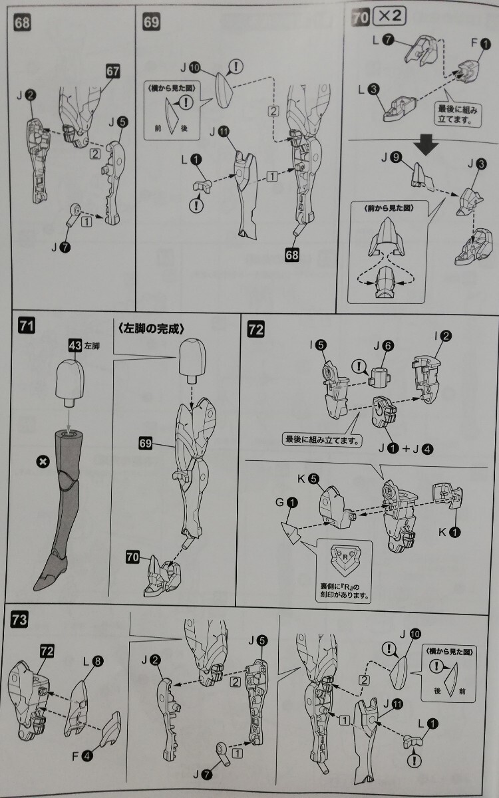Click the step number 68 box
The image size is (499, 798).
pos(22,23)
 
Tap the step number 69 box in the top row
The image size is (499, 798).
pos(151,22)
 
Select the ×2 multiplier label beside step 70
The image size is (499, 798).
pos(389,16)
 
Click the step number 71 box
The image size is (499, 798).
pos(27,326)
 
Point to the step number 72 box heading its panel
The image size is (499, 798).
pos(256,329)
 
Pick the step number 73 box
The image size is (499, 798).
pos(19,620)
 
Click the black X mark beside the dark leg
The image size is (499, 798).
pos(43,462)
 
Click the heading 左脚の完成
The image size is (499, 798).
pos(151,328)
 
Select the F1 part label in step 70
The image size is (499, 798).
pos(481,43)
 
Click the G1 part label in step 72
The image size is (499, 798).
pos(287,503)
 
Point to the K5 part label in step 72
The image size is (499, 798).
pos(309,479)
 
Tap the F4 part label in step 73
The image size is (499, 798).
pos(83,755)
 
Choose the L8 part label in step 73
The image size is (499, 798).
pos(93,662)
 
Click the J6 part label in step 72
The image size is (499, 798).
pos(383,346)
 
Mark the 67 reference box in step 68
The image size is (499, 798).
pos(112,71)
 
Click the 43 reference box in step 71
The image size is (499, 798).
pos(75,346)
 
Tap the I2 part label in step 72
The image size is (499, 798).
pos(442,336)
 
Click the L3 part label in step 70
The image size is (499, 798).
pos(369,89)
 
